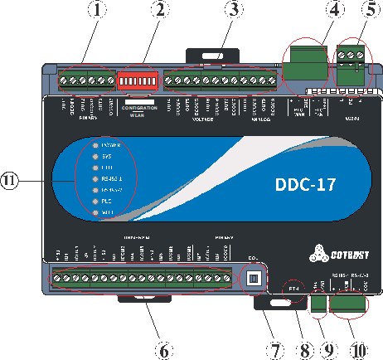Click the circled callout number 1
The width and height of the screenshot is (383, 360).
[x=99, y=11]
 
